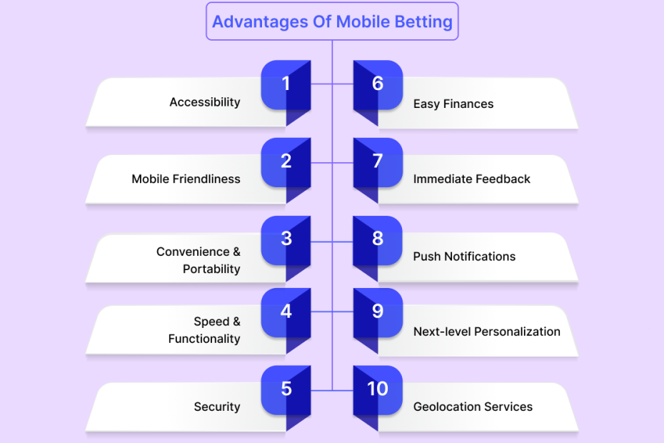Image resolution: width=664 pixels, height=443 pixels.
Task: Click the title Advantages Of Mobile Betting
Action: pos(332,21)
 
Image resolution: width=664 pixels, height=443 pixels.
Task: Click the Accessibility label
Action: pos(205,102)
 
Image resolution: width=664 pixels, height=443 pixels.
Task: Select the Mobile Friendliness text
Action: pos(186,179)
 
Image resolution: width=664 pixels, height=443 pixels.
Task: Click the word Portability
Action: pos(212,269)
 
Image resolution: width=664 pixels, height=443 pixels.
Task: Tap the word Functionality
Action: pos(204,339)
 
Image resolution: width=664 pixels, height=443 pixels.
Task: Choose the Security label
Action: pos(217,407)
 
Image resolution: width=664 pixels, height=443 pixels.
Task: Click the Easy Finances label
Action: pos(453,104)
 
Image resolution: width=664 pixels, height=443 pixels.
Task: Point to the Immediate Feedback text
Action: pos(472,179)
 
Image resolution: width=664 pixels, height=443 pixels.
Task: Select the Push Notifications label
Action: pos(465,257)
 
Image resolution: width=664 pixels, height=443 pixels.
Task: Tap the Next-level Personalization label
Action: pos(487,332)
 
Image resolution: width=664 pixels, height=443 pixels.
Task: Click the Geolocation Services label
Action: pos(473,407)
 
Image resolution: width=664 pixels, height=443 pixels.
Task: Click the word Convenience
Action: pos(193,252)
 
